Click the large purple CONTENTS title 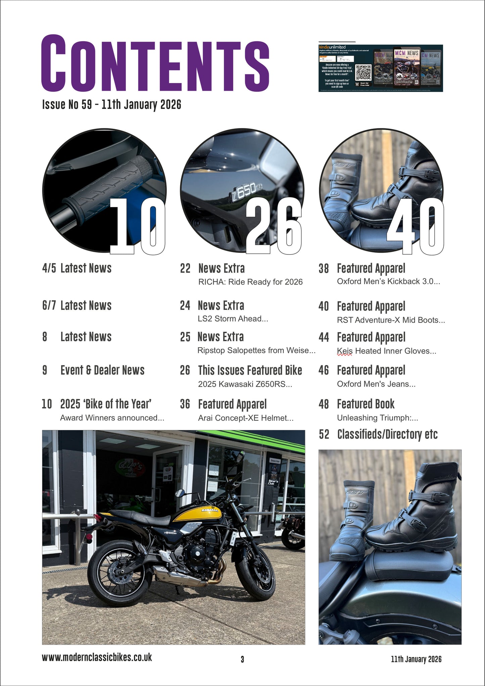point(155,63)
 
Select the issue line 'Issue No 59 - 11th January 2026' point(111,105)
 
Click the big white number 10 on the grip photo point(138,226)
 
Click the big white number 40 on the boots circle point(416,226)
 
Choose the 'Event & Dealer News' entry point(102,370)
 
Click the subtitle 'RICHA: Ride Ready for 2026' point(250,282)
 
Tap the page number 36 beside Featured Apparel point(185,404)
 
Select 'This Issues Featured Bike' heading point(250,370)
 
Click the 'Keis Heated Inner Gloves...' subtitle point(386,351)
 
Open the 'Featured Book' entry point(366,404)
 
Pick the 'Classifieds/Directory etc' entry point(387,434)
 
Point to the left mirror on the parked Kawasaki point(180,493)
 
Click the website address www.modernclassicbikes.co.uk point(97,657)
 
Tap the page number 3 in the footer point(242,659)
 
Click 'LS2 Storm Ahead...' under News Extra point(233,319)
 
